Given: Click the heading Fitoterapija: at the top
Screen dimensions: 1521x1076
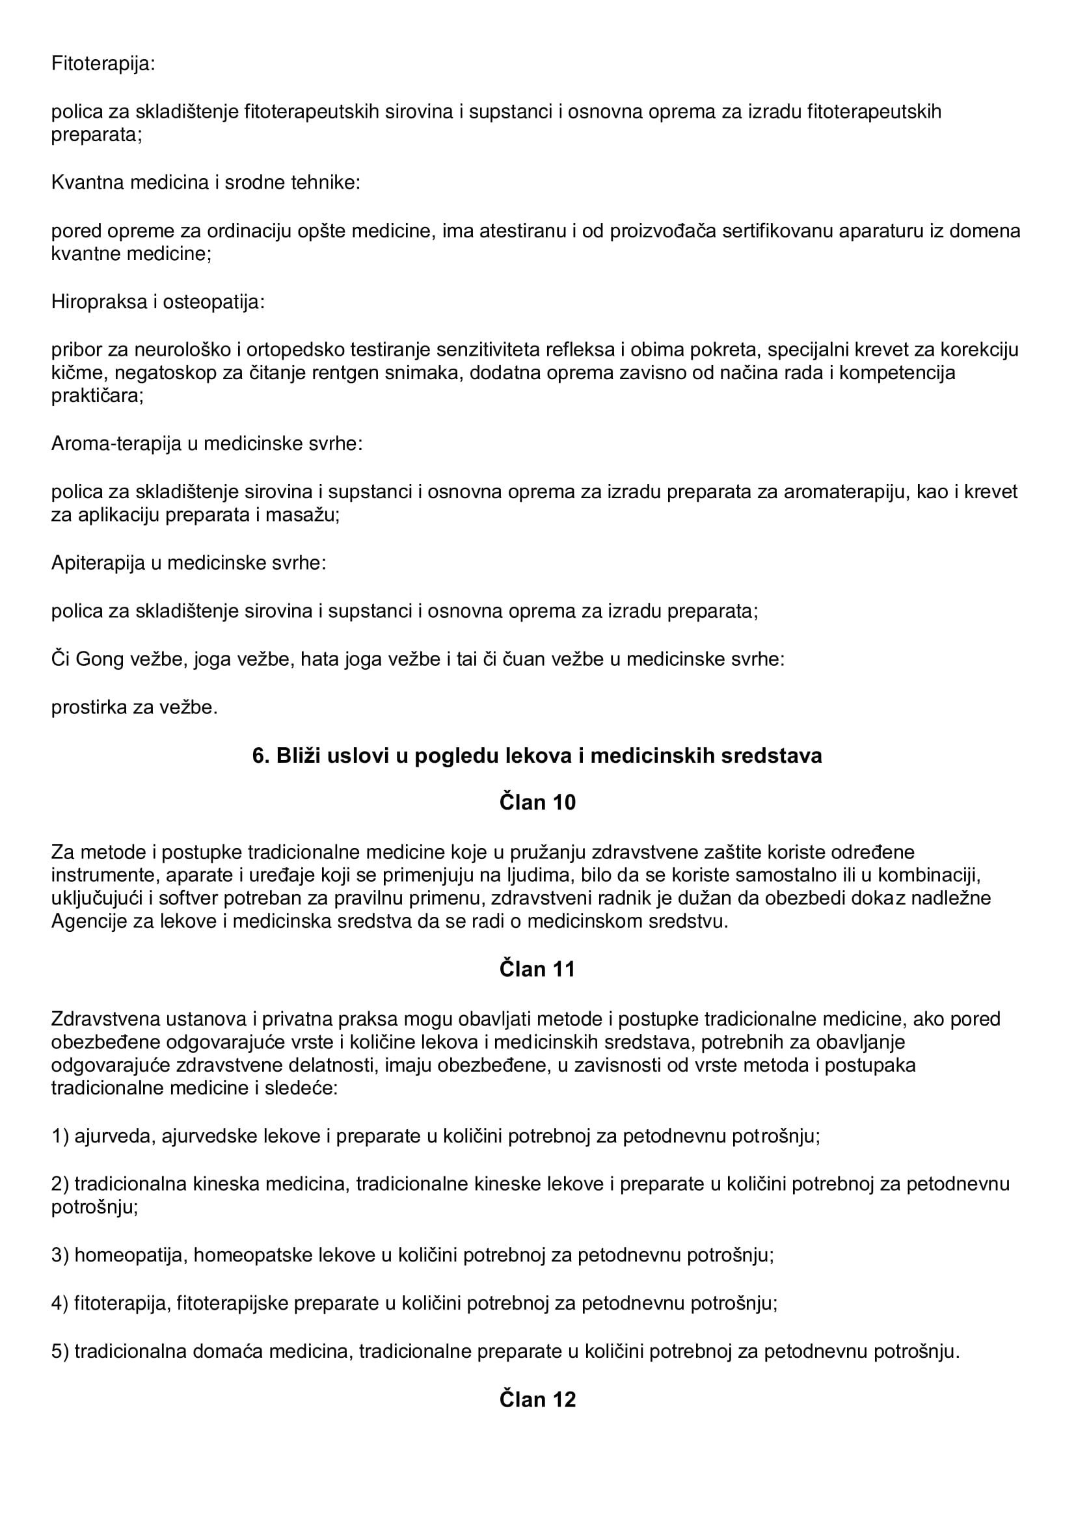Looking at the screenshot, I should [x=103, y=64].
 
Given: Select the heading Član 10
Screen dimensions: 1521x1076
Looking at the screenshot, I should [x=537, y=802].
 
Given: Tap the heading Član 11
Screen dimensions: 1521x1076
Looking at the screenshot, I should [x=537, y=969].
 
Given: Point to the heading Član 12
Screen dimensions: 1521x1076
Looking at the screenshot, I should [x=537, y=1399].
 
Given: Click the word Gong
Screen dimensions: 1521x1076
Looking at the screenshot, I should [x=100, y=660].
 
